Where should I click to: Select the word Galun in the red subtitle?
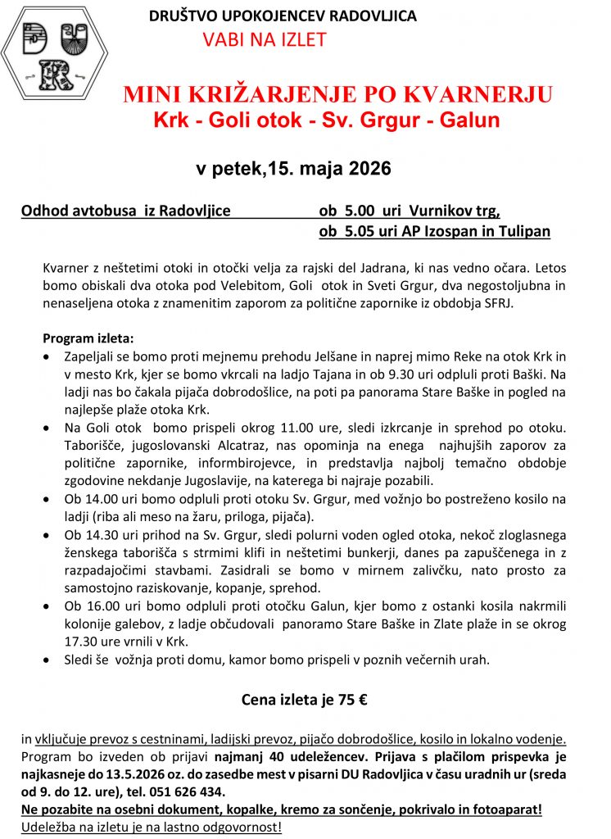[471, 120]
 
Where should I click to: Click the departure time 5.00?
[356, 211]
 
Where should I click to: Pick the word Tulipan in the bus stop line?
[523, 231]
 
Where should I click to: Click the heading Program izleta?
[88, 338]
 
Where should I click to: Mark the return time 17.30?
[82, 642]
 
